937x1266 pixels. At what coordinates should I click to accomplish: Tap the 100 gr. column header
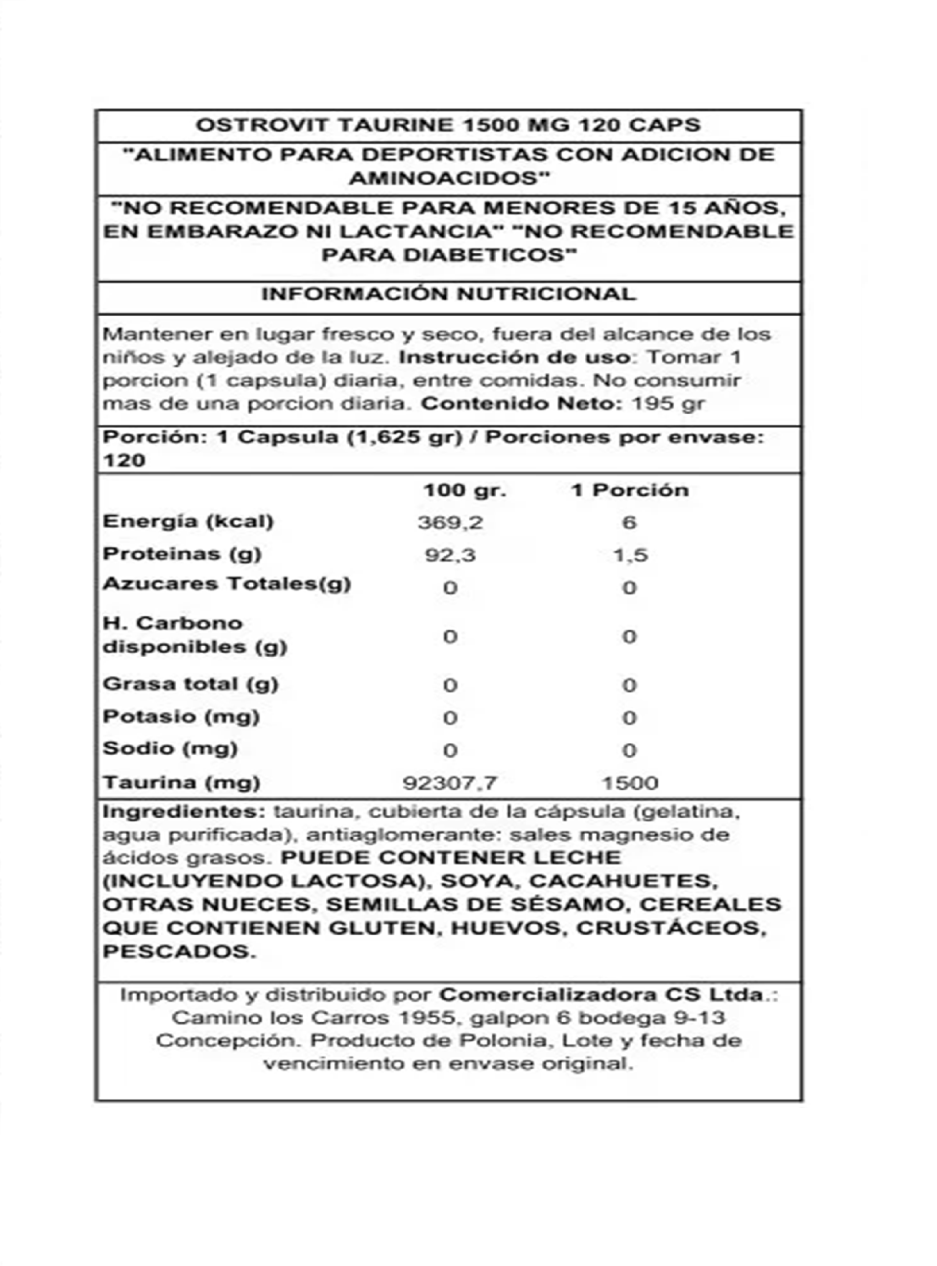464,491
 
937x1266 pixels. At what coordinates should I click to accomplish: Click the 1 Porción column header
630,491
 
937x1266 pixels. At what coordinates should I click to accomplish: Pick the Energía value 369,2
450,522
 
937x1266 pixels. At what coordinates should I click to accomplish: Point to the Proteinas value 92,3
450,555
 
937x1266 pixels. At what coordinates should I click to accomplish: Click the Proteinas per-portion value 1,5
630,555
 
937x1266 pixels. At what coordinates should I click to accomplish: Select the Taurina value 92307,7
450,783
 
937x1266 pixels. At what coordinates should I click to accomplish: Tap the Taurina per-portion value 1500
630,783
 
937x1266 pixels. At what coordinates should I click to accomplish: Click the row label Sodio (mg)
170,749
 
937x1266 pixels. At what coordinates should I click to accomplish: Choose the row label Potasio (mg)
181,717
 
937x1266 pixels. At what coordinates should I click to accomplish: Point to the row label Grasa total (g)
190,684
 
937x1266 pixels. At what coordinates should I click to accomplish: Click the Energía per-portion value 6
629,522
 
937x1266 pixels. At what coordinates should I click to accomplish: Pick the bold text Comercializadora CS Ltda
601,995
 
